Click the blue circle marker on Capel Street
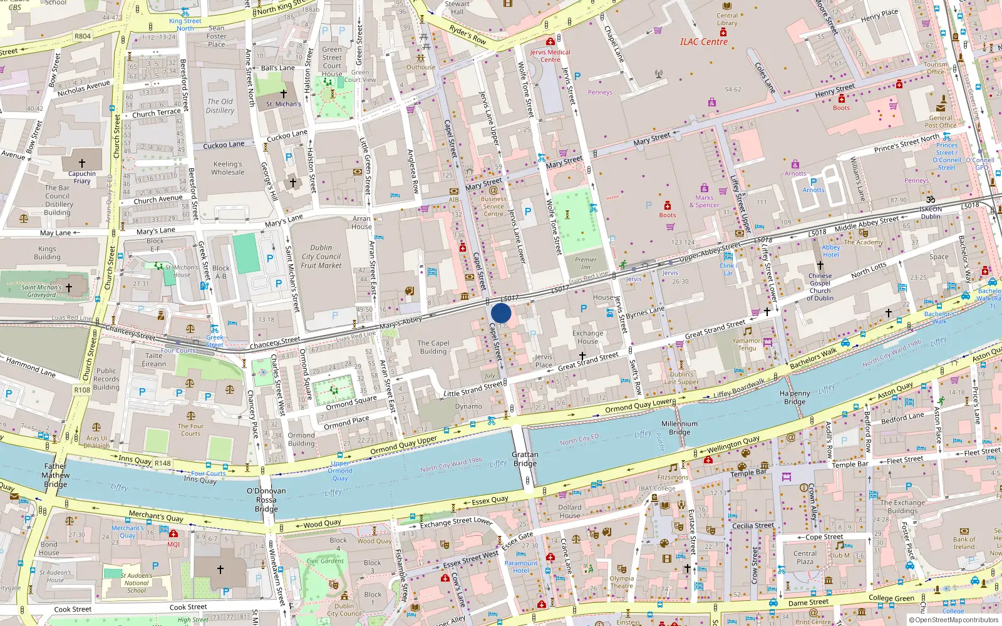(x=501, y=313)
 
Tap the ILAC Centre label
(x=704, y=42)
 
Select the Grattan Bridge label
(x=525, y=459)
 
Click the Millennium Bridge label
(x=679, y=428)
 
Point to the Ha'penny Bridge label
(x=795, y=398)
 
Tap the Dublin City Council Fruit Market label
(x=321, y=257)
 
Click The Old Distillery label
(x=220, y=106)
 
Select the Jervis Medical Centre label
(x=550, y=56)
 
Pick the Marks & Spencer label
(x=705, y=201)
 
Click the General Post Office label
(x=940, y=121)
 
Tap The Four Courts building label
(x=190, y=429)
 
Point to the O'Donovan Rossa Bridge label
(x=266, y=500)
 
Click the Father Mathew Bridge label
(x=56, y=475)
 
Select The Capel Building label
(x=433, y=347)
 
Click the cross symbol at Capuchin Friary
(x=82, y=163)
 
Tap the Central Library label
(x=727, y=19)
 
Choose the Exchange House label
(x=587, y=337)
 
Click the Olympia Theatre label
(x=621, y=582)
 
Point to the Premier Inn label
(x=586, y=263)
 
